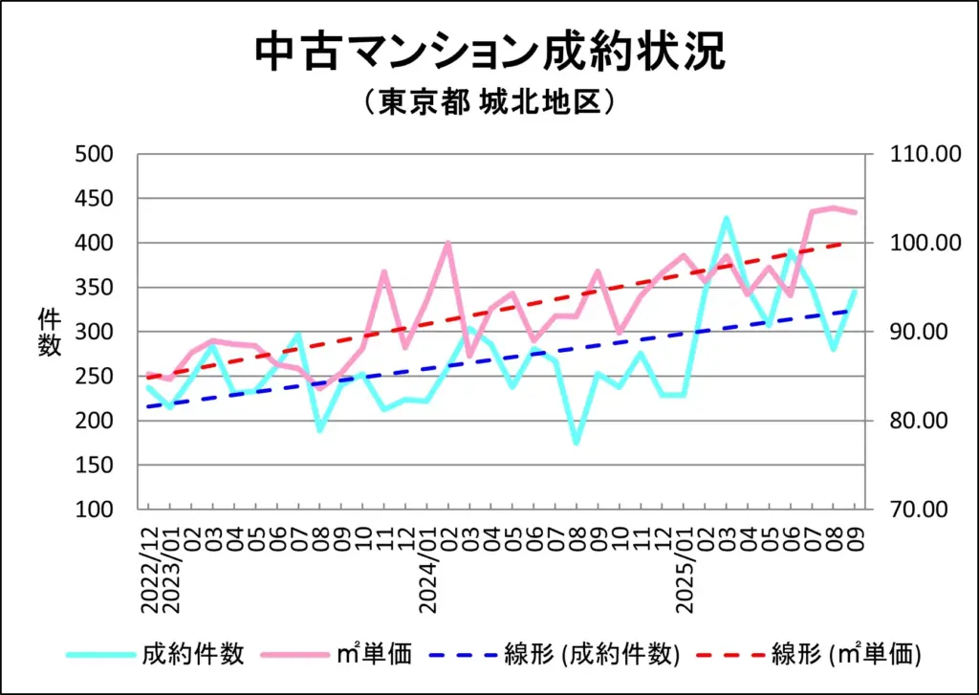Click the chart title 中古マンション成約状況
pyautogui.click(x=489, y=54)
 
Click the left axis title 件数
pyautogui.click(x=49, y=332)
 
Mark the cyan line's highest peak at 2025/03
pyautogui.click(x=726, y=218)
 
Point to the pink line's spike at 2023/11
pyautogui.click(x=384, y=271)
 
